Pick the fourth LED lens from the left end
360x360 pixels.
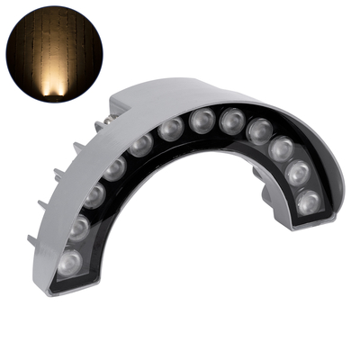click(x=115, y=167)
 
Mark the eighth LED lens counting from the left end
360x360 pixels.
click(x=232, y=120)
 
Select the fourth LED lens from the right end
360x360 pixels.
click(x=260, y=130)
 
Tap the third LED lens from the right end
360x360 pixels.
click(x=282, y=148)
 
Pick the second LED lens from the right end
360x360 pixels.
click(x=298, y=172)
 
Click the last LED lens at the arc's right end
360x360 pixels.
click(x=308, y=201)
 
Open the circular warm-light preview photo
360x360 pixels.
click(x=52, y=52)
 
